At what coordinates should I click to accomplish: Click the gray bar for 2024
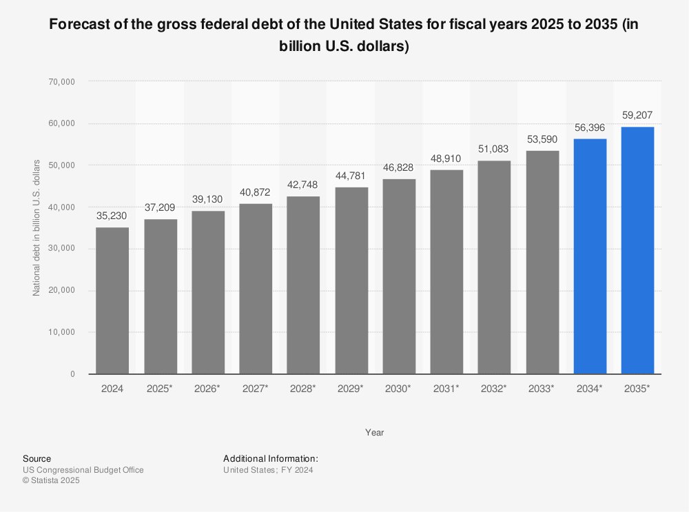point(112,300)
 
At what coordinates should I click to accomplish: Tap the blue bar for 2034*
point(590,256)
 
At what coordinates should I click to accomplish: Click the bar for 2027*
point(256,289)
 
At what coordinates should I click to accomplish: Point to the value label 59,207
point(637,115)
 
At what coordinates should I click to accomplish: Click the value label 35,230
point(112,216)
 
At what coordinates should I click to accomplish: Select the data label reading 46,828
point(399,167)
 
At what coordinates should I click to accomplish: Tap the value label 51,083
point(494,150)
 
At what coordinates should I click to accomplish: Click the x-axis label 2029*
point(351,389)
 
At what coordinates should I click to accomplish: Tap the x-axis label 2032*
point(494,389)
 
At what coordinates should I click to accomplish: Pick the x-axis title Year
point(375,433)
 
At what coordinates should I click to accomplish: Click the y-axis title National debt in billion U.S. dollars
point(37,227)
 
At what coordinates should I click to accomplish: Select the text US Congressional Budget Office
point(83,470)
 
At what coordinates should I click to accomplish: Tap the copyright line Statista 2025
point(52,481)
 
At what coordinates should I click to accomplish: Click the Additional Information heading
point(270,458)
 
